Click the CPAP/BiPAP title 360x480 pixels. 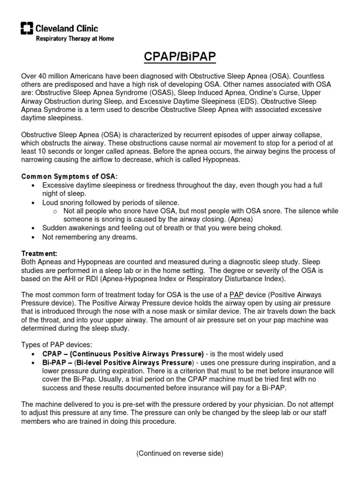(180, 58)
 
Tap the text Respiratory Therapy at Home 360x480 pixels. (75, 38)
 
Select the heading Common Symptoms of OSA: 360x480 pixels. (70, 176)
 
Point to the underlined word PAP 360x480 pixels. (235, 294)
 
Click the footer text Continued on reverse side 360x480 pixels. (180, 453)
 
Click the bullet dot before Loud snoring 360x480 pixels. (32, 203)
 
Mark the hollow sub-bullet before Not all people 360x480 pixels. (54, 211)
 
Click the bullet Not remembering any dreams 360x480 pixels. (83, 237)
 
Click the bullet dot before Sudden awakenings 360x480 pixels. (32, 228)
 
